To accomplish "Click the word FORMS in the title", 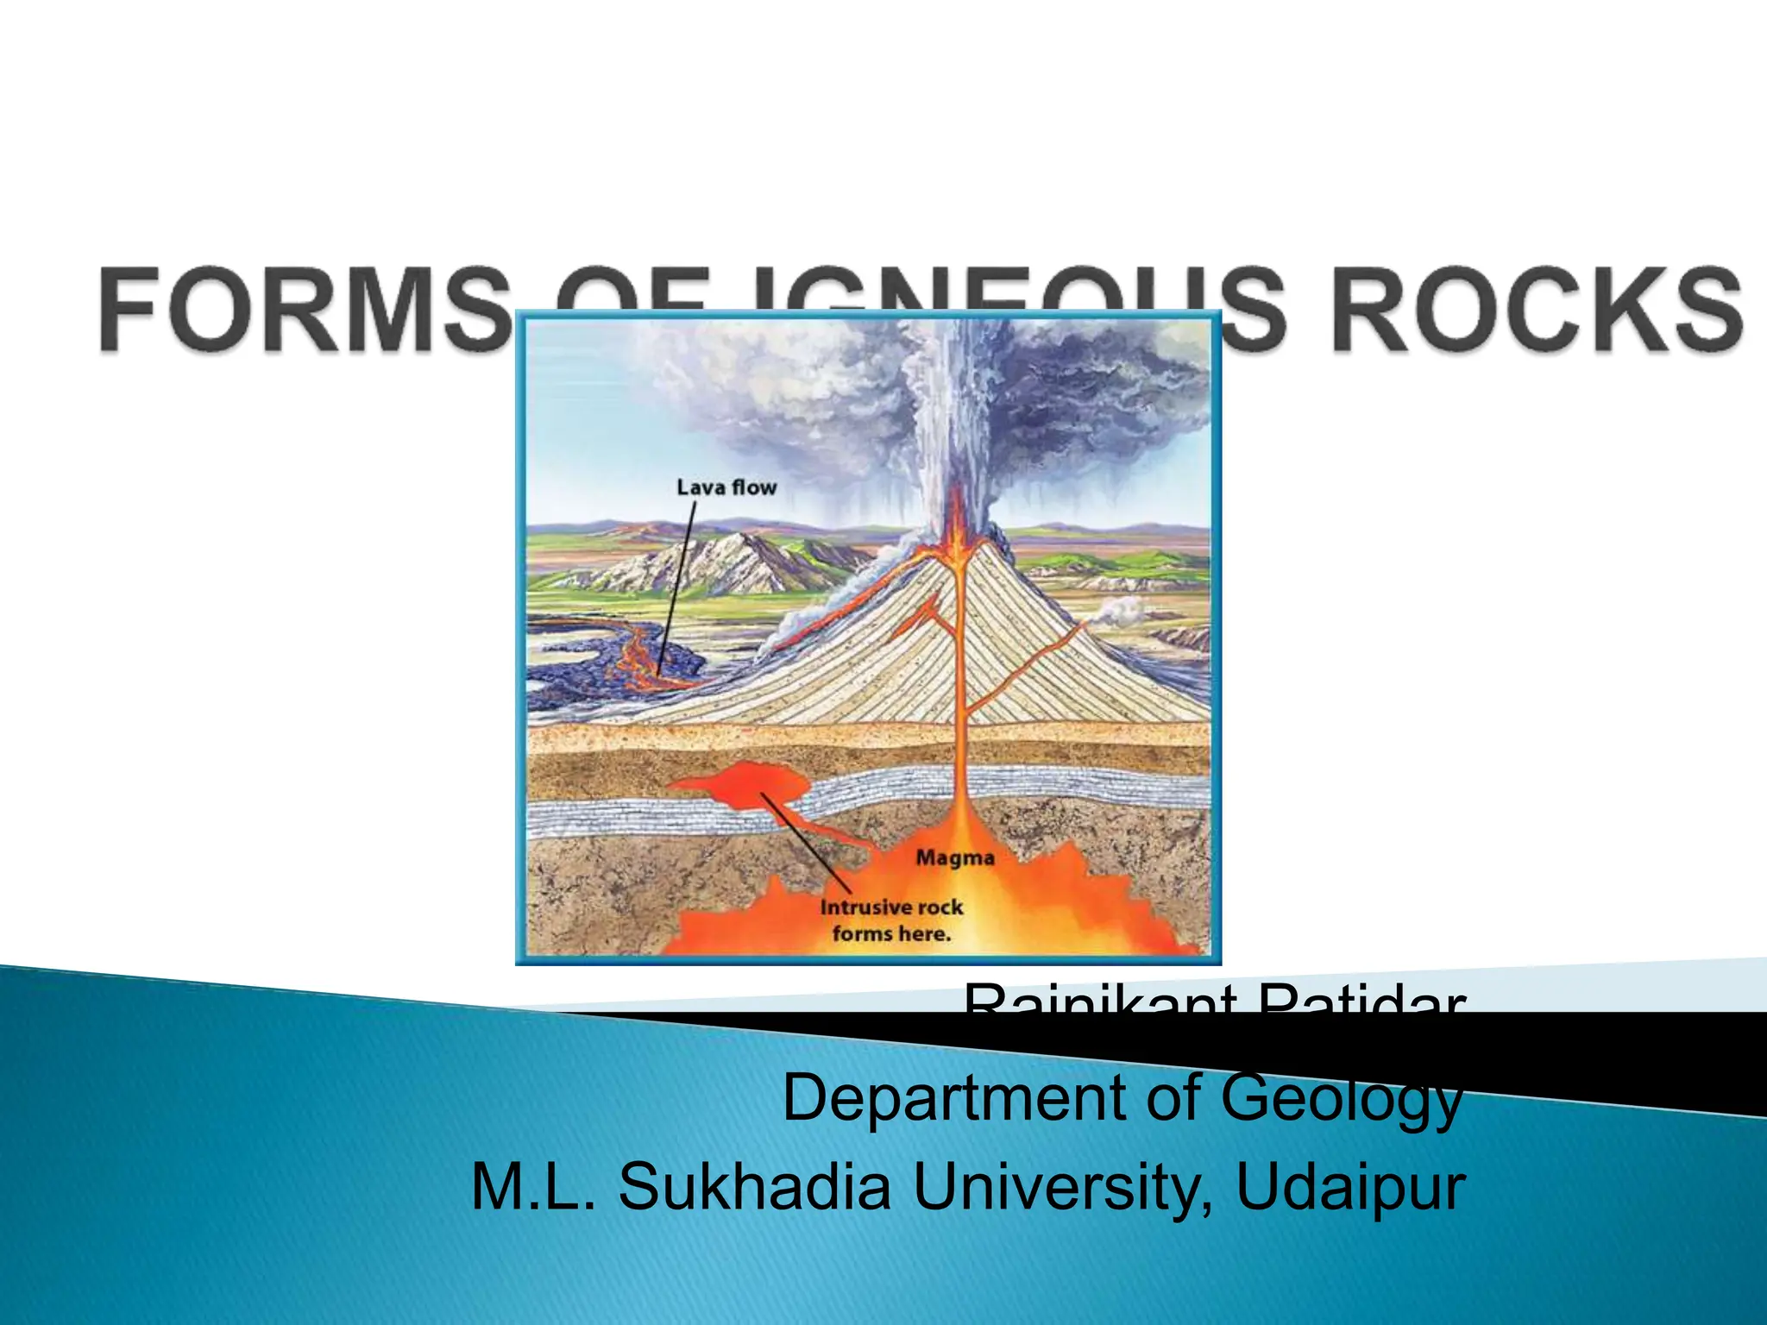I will (x=302, y=311).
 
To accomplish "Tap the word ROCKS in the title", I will (x=1536, y=311).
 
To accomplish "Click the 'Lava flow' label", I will (x=726, y=487).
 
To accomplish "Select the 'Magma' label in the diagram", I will (x=955, y=857).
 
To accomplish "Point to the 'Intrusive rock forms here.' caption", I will (x=891, y=920).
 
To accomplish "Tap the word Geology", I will (x=1342, y=1097).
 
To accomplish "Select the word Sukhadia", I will (x=754, y=1186).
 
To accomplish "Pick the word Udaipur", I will (x=1350, y=1186).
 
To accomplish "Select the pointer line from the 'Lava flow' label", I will (x=677, y=587).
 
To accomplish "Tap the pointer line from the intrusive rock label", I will (x=807, y=845).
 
